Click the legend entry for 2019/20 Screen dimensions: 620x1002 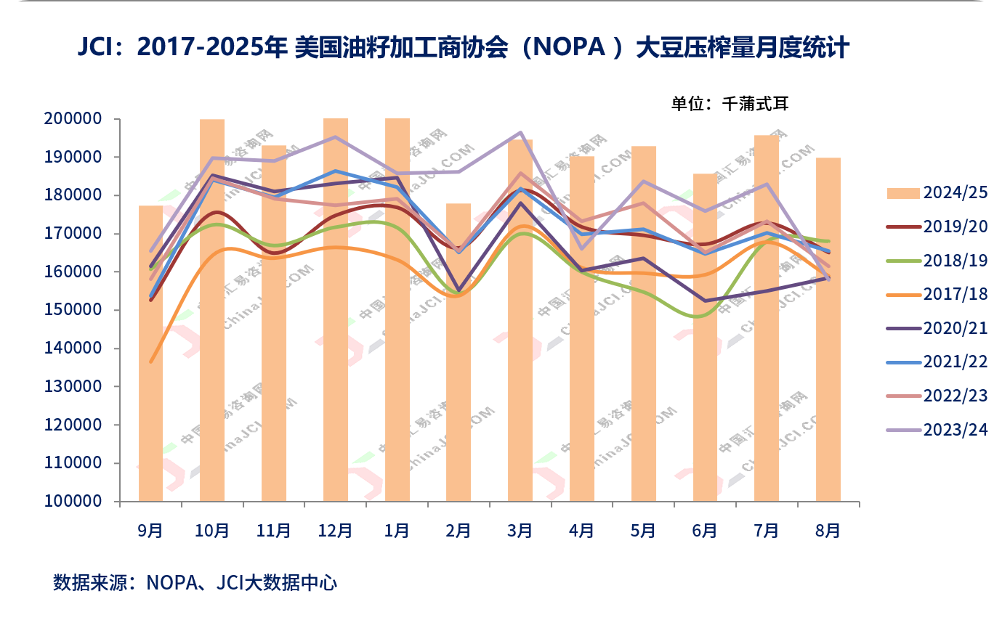(x=937, y=227)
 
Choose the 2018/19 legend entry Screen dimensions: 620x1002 (x=937, y=260)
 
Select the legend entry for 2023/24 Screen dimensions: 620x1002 (x=937, y=429)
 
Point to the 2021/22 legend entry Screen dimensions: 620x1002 (x=937, y=362)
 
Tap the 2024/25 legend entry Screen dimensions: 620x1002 (x=937, y=192)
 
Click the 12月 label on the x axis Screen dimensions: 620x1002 (x=336, y=531)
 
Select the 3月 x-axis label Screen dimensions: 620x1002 (x=520, y=531)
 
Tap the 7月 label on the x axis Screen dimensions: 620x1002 (x=767, y=531)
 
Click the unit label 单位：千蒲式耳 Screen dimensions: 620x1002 (x=729, y=103)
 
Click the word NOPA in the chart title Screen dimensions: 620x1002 (x=565, y=49)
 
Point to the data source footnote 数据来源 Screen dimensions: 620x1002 (x=195, y=582)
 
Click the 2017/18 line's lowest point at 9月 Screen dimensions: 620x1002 (x=150, y=362)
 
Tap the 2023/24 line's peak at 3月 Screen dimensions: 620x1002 (x=521, y=133)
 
